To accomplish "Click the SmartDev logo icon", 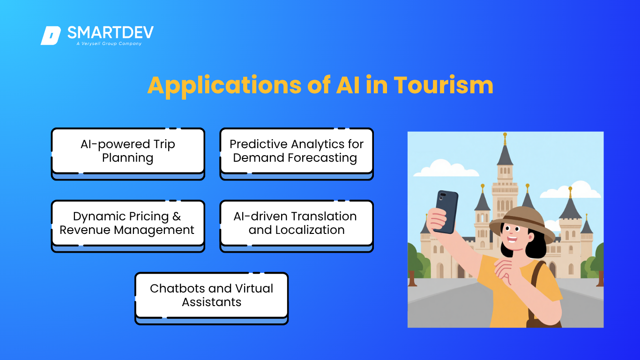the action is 51,36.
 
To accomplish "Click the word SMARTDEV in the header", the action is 111,33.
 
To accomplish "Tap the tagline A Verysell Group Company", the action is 109,44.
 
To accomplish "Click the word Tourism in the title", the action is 443,85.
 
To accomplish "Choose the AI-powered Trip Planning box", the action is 128,154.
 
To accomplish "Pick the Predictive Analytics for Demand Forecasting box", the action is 297,154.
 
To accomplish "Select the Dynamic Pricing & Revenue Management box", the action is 128,226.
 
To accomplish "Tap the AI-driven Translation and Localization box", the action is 297,226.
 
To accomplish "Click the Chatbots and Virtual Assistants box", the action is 211,298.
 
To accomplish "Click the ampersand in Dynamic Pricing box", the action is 177,217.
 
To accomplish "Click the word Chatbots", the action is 175,288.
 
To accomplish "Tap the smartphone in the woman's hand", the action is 446,211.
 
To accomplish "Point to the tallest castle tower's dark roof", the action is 505,156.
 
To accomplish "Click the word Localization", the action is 310,230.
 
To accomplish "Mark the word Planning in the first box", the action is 128,158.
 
